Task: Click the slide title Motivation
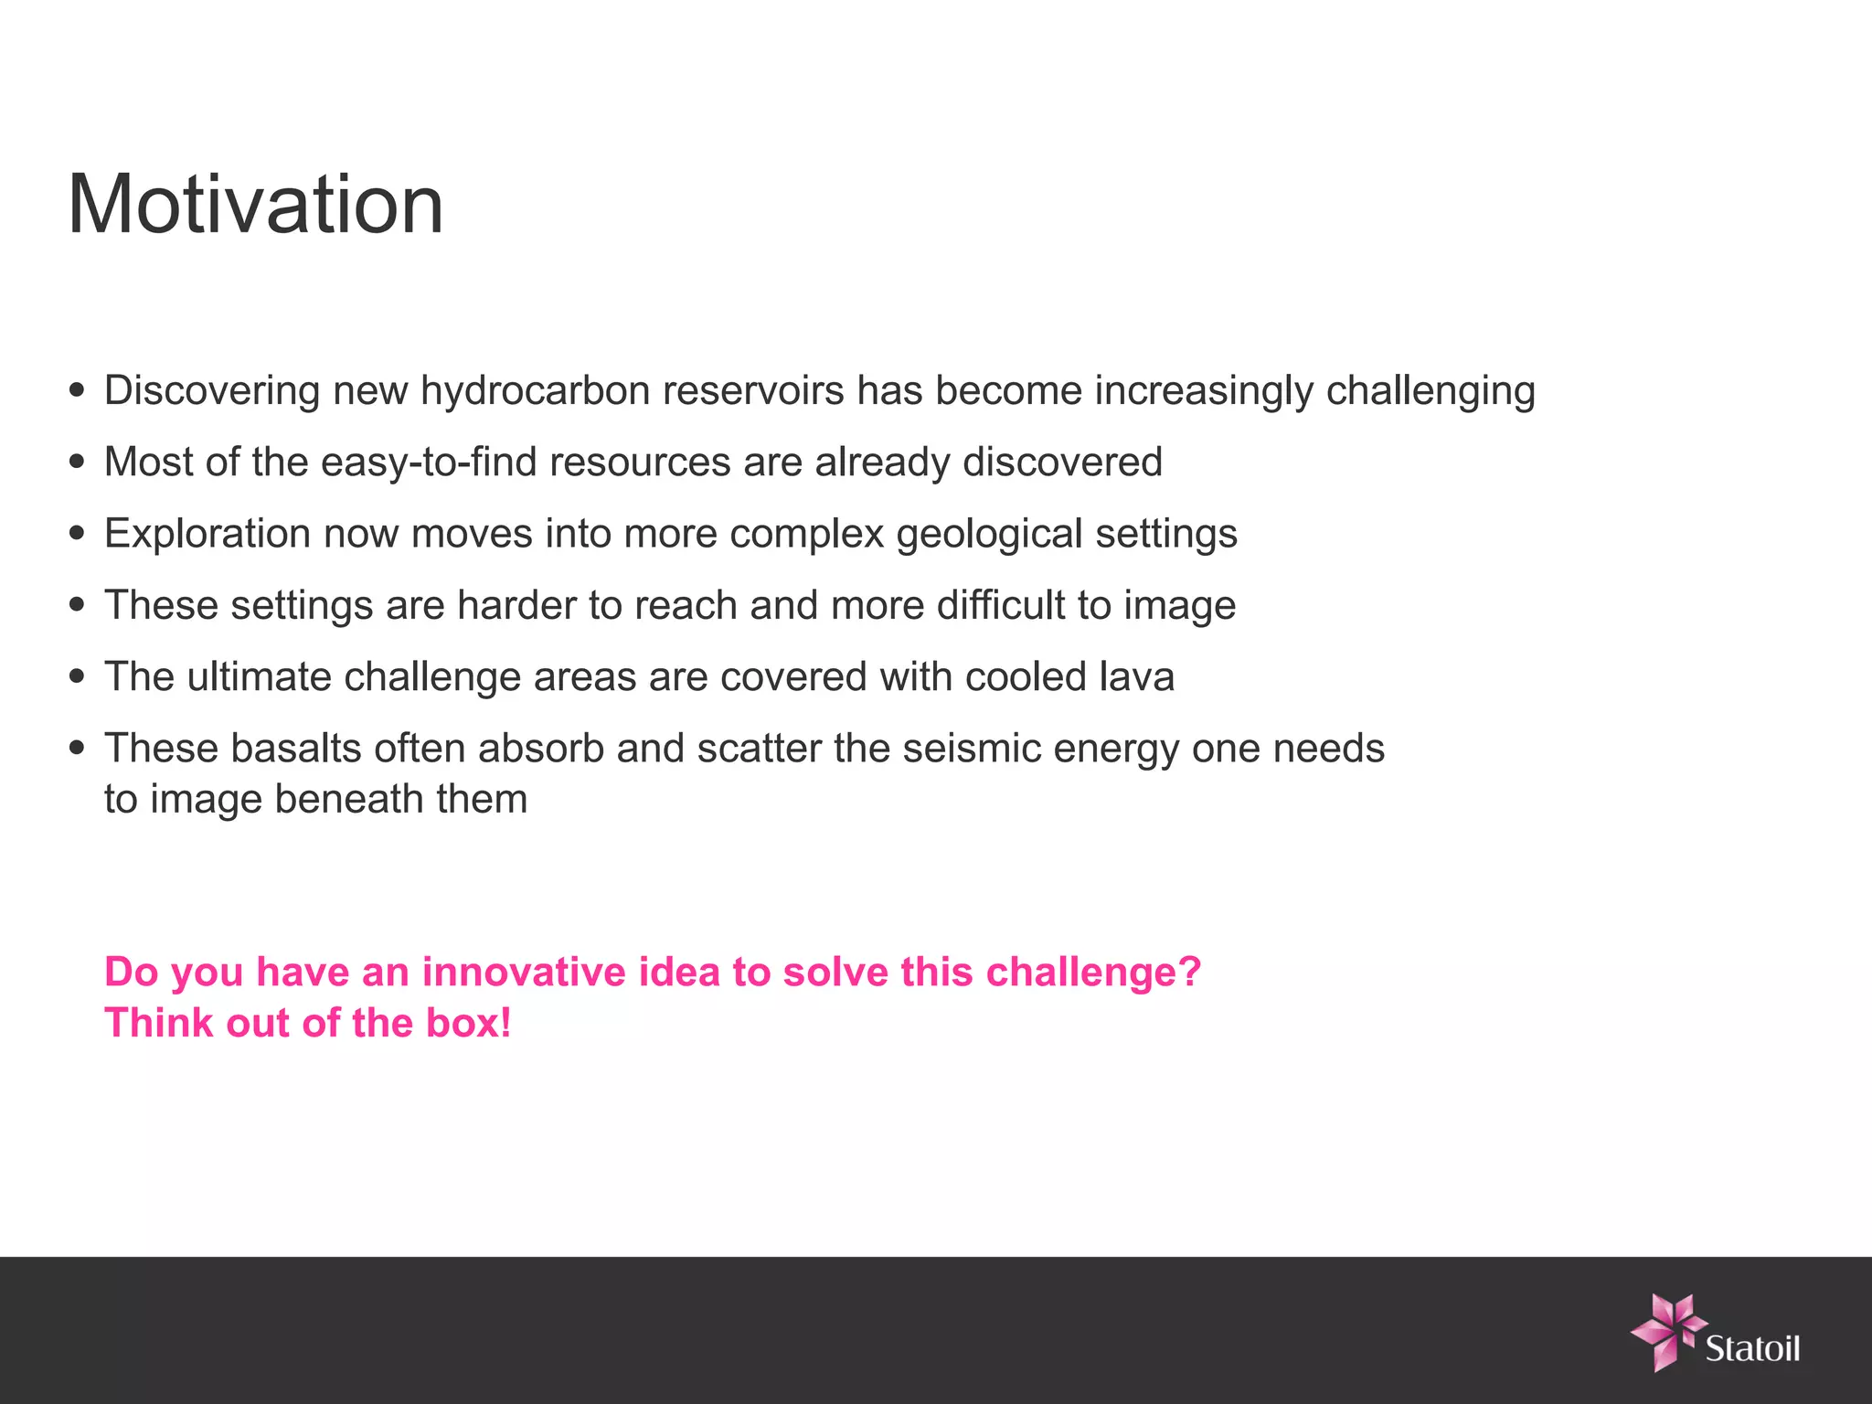pos(255,205)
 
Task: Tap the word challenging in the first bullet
pos(1431,391)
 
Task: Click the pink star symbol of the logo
pos(1666,1330)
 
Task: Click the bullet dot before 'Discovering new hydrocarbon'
pos(78,391)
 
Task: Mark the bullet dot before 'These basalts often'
pos(78,749)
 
